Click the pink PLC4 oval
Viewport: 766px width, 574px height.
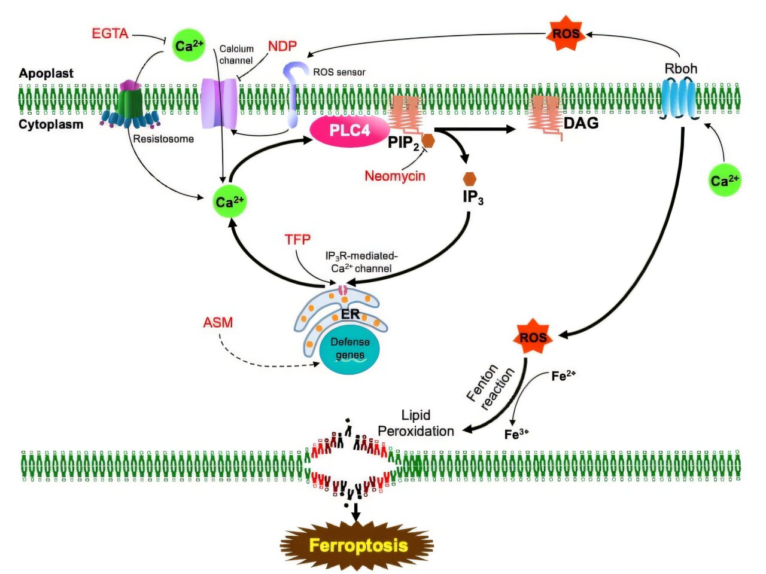click(x=349, y=130)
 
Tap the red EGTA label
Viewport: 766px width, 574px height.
click(x=110, y=33)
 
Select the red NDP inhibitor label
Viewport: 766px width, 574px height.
click(x=282, y=46)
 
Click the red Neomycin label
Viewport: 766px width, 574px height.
click(x=395, y=176)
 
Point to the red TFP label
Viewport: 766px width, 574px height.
click(x=297, y=240)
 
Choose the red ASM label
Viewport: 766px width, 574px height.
click(x=218, y=322)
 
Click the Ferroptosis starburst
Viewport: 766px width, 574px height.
click(x=357, y=545)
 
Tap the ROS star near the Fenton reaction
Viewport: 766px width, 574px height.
click(x=533, y=338)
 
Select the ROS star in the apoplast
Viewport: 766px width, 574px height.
click(x=566, y=33)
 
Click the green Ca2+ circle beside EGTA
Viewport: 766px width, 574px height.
click(x=189, y=45)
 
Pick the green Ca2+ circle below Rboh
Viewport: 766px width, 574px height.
click(x=724, y=180)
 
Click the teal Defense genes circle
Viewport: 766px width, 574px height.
click(x=349, y=349)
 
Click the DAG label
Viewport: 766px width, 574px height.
click(x=580, y=123)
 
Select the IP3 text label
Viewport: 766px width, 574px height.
click(x=473, y=197)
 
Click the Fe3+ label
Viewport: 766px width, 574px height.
click(x=516, y=434)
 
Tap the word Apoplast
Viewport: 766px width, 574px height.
click(x=46, y=74)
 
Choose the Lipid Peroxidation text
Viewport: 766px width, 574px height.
click(x=416, y=423)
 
